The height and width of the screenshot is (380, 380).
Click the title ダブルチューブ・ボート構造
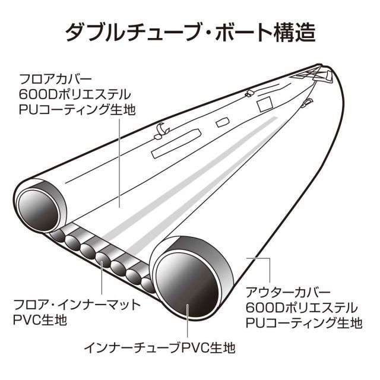click(191, 32)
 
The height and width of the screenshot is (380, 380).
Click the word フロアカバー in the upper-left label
click(55, 79)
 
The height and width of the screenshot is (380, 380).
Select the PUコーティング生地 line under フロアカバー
click(77, 110)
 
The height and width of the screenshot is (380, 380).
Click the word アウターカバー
click(288, 293)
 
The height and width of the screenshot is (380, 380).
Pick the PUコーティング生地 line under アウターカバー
click(304, 323)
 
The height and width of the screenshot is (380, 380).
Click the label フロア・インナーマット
click(77, 305)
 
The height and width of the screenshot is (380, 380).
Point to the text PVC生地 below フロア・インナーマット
click(40, 320)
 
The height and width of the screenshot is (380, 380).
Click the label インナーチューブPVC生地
click(160, 348)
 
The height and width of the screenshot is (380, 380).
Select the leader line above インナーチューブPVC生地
click(188, 321)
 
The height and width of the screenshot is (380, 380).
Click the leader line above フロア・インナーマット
click(102, 278)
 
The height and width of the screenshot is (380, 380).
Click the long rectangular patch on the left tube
click(176, 144)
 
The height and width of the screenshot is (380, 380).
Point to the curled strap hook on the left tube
click(161, 131)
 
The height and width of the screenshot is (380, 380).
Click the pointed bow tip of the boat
click(319, 65)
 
